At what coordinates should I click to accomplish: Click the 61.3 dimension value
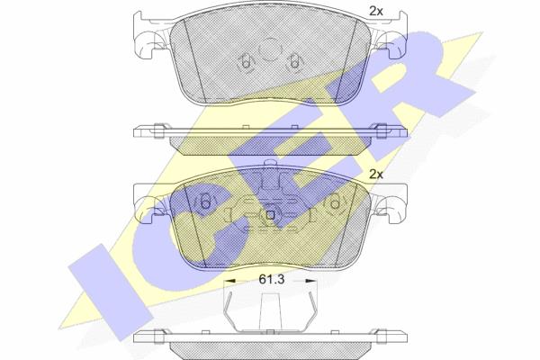272,279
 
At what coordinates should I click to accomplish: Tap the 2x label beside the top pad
375,12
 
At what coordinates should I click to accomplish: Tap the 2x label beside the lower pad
375,175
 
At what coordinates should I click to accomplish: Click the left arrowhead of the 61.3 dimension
229,281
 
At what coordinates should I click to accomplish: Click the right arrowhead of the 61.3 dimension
310,281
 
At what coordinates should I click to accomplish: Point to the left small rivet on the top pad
246,63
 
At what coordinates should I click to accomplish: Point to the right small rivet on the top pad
293,63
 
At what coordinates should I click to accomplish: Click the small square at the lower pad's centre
270,215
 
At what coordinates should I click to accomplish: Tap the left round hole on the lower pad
205,202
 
